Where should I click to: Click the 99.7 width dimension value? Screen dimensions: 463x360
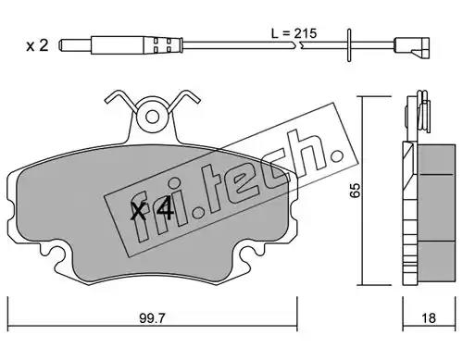pyautogui.click(x=153, y=317)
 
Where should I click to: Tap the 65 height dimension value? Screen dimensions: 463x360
pyautogui.click(x=355, y=190)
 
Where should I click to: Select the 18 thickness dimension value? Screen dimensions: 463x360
pyautogui.click(x=429, y=317)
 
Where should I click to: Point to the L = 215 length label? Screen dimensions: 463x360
pyautogui.click(x=294, y=33)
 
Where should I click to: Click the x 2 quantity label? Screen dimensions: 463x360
pyautogui.click(x=37, y=45)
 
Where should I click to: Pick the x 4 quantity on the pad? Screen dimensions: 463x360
pyautogui.click(x=152, y=210)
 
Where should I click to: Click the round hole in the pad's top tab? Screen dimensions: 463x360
pyautogui.click(x=152, y=117)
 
